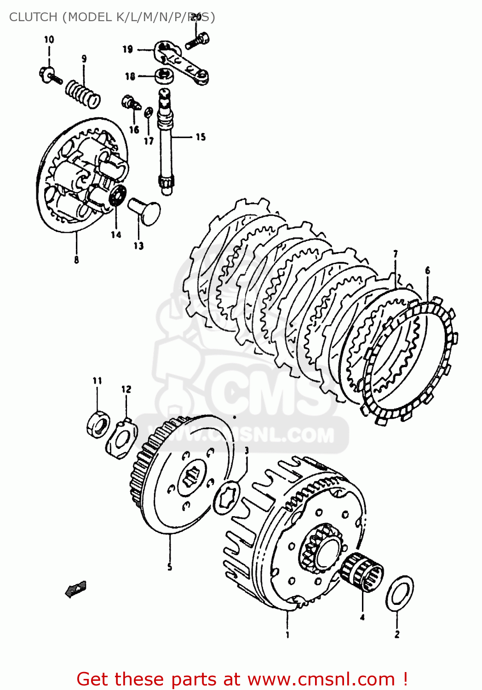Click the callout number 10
tap(49, 40)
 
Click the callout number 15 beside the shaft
tap(201, 137)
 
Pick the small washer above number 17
tap(148, 112)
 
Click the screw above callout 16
tap(130, 103)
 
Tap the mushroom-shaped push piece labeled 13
tap(144, 210)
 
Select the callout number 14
tap(116, 235)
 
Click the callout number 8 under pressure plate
tap(76, 259)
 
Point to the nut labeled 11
tap(98, 425)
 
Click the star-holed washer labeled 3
tap(227, 498)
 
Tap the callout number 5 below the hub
tap(170, 567)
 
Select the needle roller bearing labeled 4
tap(362, 573)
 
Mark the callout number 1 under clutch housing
tap(287, 635)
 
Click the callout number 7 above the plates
tap(395, 254)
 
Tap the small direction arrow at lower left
tap(76, 588)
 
